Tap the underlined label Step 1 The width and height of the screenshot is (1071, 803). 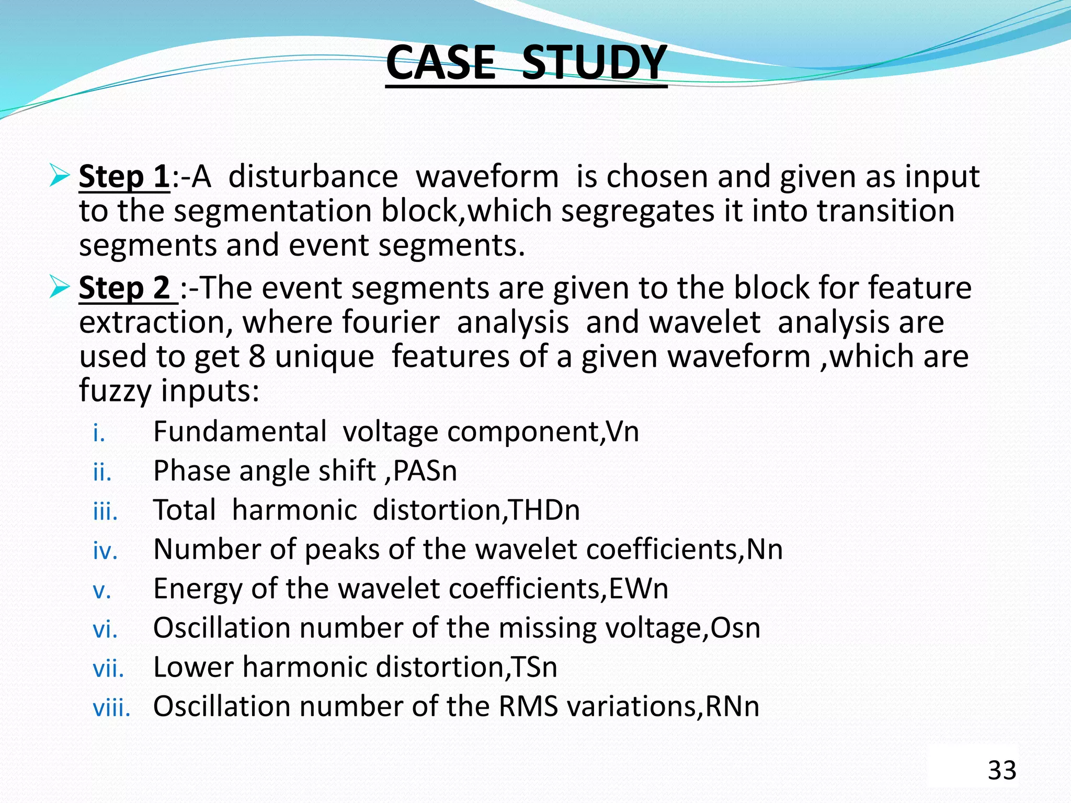124,177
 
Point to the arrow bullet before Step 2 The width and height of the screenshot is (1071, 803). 59,288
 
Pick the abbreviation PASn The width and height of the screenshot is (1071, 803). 425,471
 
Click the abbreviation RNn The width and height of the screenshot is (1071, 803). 732,706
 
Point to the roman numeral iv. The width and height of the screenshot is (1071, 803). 105,550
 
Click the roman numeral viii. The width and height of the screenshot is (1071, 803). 111,708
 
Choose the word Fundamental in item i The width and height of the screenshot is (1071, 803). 240,432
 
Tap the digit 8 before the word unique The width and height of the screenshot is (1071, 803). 257,357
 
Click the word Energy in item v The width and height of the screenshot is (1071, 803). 198,589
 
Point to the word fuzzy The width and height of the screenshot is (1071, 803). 115,391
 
